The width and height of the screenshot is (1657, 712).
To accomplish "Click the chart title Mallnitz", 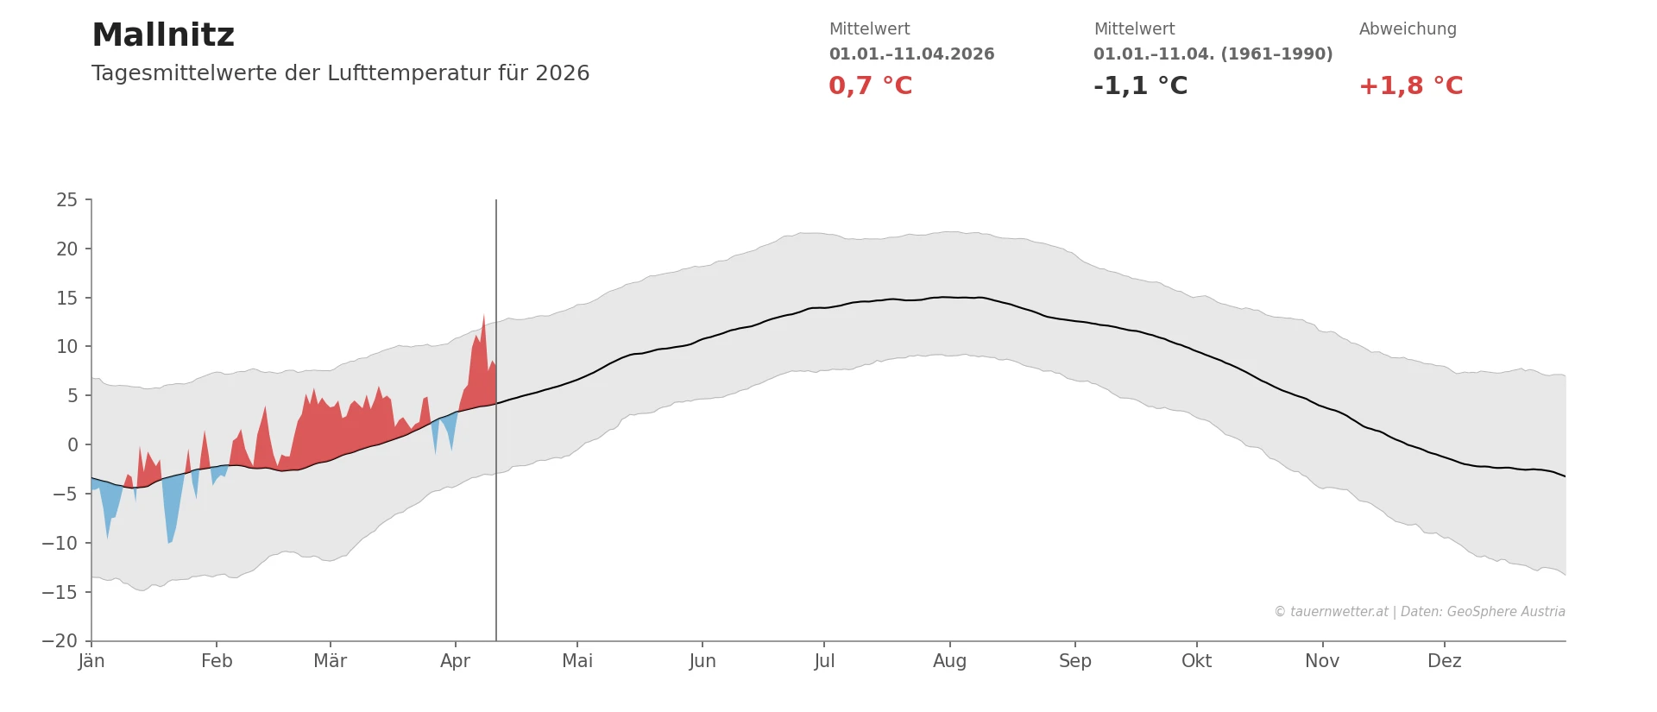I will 163,35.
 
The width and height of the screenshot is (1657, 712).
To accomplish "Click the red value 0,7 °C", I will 870,86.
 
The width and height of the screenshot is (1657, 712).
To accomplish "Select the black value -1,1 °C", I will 1140,86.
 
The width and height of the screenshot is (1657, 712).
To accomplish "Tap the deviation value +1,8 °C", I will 1410,86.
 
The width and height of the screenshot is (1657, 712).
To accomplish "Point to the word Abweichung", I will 1408,29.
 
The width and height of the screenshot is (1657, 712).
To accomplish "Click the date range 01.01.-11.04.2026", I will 911,54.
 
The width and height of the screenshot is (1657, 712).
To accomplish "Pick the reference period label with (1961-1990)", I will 1213,54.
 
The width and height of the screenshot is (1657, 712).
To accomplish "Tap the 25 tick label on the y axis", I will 66,200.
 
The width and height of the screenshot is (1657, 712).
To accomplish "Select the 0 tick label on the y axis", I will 72,445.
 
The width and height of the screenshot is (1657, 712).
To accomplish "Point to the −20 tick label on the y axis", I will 60,641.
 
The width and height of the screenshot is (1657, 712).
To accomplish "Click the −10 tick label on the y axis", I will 60,544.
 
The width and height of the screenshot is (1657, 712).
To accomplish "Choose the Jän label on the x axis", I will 91,661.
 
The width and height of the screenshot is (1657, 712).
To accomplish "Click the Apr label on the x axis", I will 455,661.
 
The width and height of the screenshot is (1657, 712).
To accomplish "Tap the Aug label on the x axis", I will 949,661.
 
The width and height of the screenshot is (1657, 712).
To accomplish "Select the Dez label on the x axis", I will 1444,661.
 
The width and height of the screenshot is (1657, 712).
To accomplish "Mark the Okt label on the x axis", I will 1196,661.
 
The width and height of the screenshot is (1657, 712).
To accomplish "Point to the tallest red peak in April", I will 484,318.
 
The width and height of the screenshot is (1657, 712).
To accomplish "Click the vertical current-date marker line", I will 496,518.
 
